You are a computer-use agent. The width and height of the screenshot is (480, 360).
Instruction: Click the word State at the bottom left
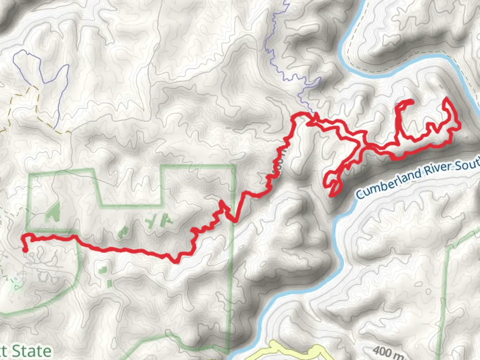point(32,351)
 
